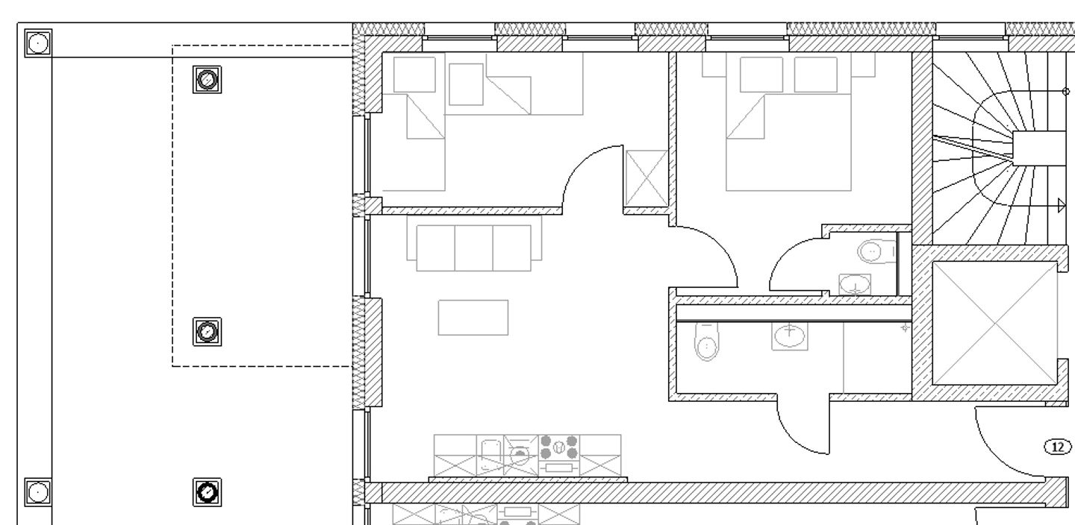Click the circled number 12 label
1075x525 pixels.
tap(1056, 447)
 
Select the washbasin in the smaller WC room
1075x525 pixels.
tap(856, 284)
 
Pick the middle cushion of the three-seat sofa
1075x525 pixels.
tap(473, 247)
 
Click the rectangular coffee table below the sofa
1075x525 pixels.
tap(473, 318)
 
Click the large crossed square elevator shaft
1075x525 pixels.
tap(995, 323)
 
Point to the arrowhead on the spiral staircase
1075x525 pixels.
tap(1062, 205)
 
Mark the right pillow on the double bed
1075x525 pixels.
tap(815, 75)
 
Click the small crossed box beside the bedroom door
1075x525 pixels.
tap(646, 178)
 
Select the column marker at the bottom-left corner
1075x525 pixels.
tap(37, 491)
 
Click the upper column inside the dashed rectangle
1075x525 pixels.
tap(208, 78)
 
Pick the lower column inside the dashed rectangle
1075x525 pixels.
tap(207, 331)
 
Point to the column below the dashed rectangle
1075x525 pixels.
tap(207, 491)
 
